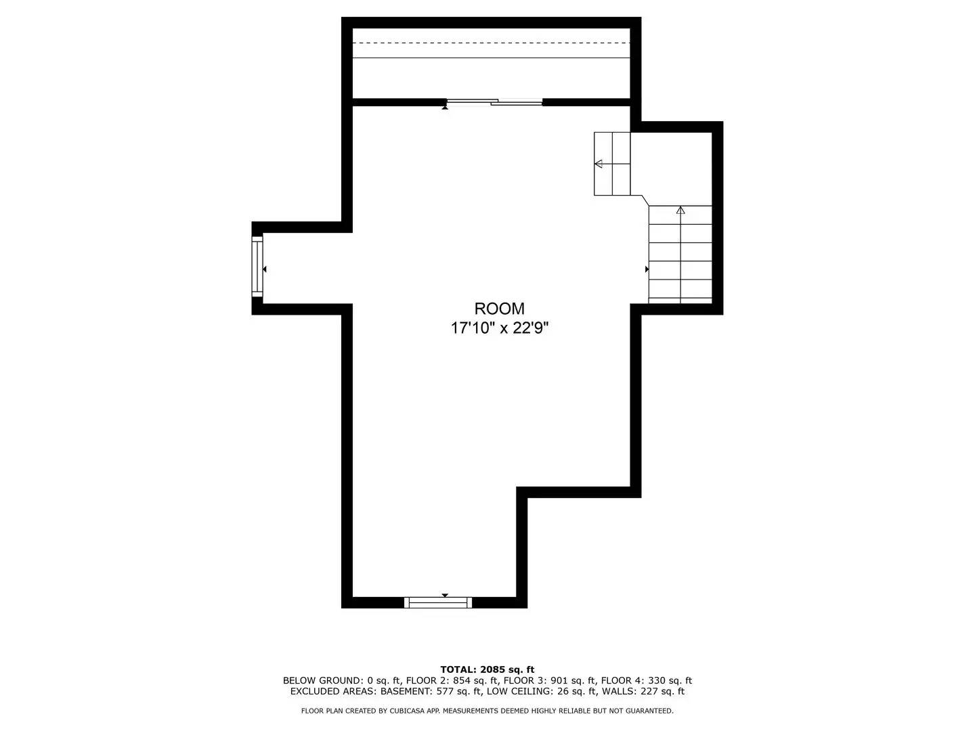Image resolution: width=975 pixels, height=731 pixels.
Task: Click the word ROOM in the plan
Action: click(499, 309)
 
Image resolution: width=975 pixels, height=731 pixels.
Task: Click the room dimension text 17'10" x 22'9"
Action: click(499, 328)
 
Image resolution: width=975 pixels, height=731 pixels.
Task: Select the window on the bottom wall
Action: click(438, 602)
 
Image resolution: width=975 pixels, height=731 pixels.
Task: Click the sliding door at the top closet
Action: click(495, 102)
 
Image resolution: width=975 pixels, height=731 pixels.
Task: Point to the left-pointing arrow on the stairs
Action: click(599, 163)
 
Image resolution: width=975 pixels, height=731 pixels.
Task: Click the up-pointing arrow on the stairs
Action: click(680, 211)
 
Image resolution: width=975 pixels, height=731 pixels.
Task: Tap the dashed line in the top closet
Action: click(492, 43)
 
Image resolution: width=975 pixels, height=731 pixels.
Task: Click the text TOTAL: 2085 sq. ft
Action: click(487, 669)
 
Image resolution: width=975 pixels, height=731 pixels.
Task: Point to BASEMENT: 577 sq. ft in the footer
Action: click(431, 691)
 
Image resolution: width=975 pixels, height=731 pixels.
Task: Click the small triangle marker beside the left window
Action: click(265, 269)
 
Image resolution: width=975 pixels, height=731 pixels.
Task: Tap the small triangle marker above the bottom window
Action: click(445, 595)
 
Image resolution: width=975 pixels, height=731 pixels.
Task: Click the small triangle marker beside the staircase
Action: click(647, 269)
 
